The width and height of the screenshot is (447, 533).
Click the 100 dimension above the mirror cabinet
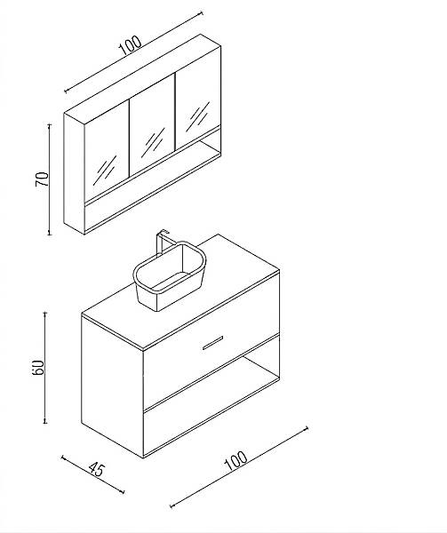131,45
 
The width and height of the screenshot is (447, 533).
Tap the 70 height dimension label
42,179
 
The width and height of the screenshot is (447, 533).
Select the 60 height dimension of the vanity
38,367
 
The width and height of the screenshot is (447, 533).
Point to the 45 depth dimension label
96,469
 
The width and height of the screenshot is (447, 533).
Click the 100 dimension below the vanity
235,460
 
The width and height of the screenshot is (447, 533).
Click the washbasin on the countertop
169,276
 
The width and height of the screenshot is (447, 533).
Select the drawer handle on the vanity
212,343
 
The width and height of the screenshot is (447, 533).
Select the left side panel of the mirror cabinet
74,172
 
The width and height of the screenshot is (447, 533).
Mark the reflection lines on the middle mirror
153,142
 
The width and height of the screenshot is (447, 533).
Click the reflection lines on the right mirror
197,116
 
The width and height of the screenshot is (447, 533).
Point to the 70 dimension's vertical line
50,179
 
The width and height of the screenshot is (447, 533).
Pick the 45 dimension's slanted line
92,474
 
